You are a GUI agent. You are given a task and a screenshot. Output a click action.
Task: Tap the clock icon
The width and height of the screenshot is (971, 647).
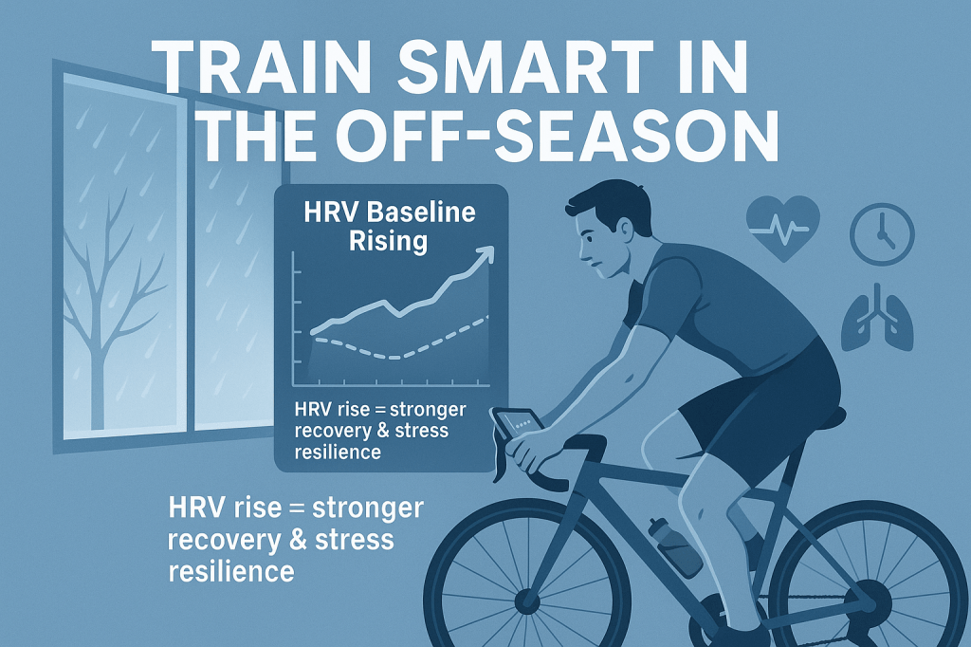pyautogui.click(x=882, y=234)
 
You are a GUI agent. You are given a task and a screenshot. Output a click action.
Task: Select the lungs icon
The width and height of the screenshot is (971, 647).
pyautogui.click(x=869, y=317)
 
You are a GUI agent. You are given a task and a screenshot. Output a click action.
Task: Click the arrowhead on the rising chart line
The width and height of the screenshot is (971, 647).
pyautogui.click(x=485, y=254)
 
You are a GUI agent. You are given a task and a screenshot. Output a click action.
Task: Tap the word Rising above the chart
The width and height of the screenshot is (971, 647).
pyautogui.click(x=388, y=242)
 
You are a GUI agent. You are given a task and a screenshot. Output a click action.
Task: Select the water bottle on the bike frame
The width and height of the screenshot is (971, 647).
pyautogui.click(x=674, y=546)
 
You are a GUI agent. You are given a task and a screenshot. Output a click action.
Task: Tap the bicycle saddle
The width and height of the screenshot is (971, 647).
pyautogui.click(x=812, y=417)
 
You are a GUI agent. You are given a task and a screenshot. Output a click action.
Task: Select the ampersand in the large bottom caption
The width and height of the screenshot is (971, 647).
pyautogui.click(x=297, y=540)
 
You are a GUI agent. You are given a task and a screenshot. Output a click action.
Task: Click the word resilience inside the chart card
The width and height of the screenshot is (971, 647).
pyautogui.click(x=338, y=452)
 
